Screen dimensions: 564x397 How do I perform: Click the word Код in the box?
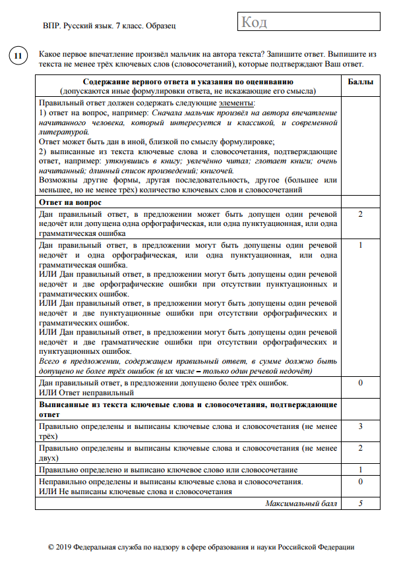click(255, 23)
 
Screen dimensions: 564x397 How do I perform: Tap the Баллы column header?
click(360, 82)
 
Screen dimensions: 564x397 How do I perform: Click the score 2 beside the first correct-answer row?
click(360, 215)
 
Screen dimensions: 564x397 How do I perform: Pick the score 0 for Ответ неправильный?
click(360, 383)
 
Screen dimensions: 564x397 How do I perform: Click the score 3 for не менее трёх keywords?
click(360, 426)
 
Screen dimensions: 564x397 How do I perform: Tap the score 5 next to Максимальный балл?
click(360, 503)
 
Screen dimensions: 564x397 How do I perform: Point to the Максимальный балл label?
click(302, 503)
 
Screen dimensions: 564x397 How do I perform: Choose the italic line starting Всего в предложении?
click(188, 362)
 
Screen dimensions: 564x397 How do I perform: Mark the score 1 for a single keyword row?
click(360, 470)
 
